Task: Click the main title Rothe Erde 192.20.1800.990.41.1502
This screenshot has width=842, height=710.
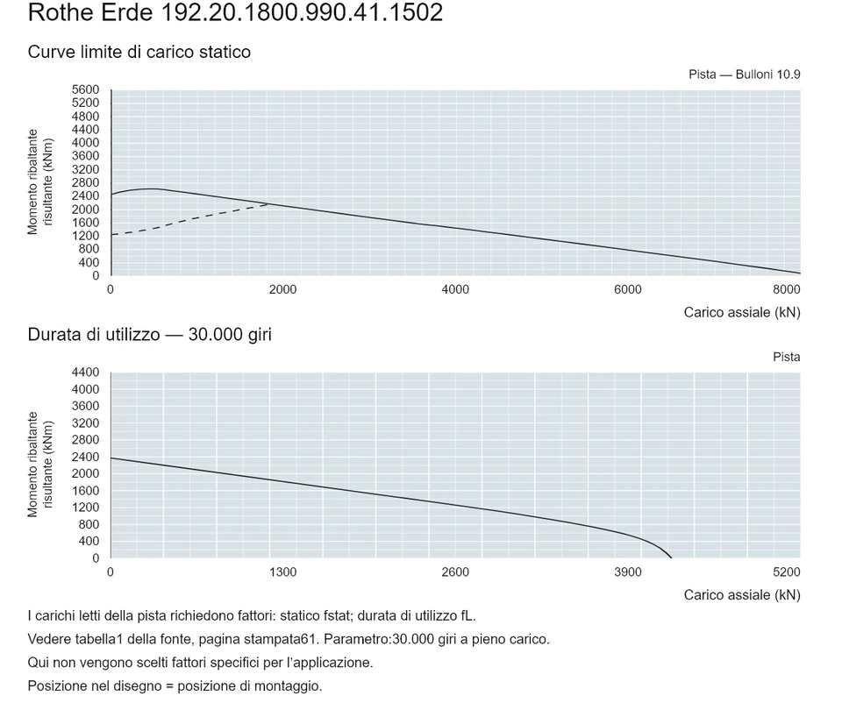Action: pyautogui.click(x=235, y=12)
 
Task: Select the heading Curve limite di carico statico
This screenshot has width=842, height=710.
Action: pyautogui.click(x=139, y=52)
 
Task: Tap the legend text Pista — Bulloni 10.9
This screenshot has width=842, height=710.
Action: pyautogui.click(x=745, y=75)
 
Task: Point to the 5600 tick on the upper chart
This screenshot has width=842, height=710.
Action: pyautogui.click(x=85, y=89)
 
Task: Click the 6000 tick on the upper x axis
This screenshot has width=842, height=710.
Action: pyautogui.click(x=628, y=290)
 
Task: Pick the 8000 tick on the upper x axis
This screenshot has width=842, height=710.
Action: pyautogui.click(x=786, y=290)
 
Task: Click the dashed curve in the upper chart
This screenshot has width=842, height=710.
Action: pyautogui.click(x=188, y=220)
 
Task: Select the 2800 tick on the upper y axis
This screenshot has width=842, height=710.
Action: pyautogui.click(x=85, y=183)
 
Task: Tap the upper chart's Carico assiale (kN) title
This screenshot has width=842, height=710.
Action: pyautogui.click(x=742, y=312)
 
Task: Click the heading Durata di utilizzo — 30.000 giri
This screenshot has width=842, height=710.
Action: pyautogui.click(x=150, y=335)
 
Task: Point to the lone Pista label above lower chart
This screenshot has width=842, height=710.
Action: pyautogui.click(x=787, y=358)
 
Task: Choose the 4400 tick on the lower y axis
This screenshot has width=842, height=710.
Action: pyautogui.click(x=85, y=373)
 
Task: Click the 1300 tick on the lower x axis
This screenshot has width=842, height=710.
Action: pyautogui.click(x=283, y=572)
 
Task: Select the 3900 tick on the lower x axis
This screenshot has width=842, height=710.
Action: pyautogui.click(x=628, y=572)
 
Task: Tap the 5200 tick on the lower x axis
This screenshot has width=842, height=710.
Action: pyautogui.click(x=786, y=572)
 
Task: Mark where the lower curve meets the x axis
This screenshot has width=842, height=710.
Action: pyautogui.click(x=671, y=558)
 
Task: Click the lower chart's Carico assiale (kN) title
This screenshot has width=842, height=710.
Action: pyautogui.click(x=742, y=595)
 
